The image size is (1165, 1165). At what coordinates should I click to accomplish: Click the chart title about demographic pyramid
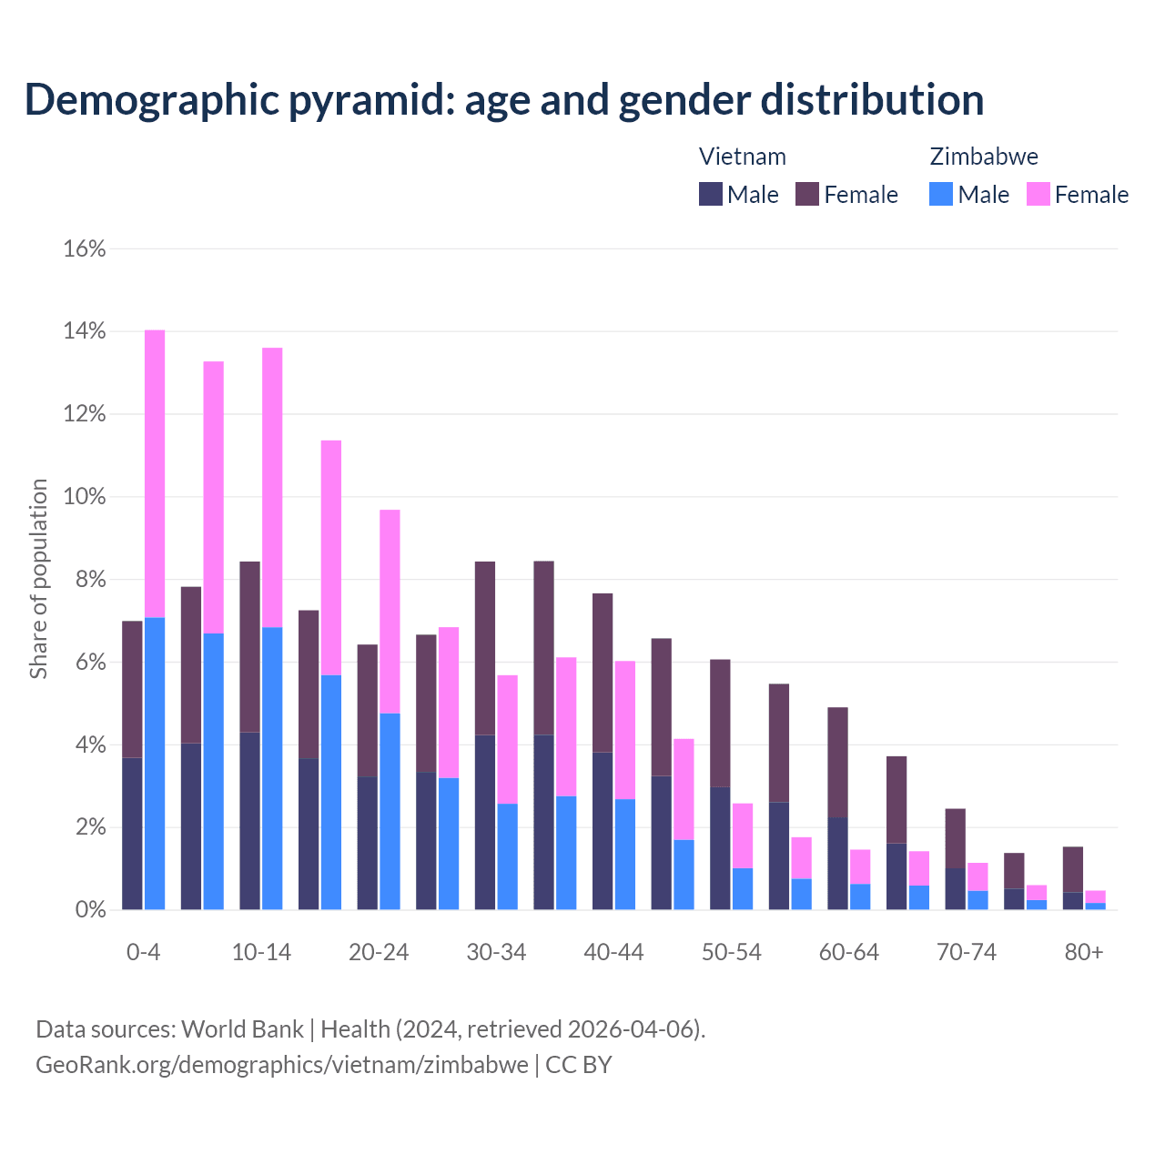coord(504,100)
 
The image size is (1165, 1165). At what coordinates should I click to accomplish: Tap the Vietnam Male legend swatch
coord(711,194)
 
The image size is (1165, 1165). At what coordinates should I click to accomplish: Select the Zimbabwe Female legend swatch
coord(1038,194)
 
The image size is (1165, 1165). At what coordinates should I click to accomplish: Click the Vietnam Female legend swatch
coord(807,194)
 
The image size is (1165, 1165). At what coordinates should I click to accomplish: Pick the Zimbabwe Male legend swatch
coord(941,194)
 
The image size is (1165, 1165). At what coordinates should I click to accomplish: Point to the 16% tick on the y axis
coord(85,248)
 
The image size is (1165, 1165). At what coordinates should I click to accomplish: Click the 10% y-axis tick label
coord(85,497)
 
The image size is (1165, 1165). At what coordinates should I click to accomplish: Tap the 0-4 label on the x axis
coord(143,952)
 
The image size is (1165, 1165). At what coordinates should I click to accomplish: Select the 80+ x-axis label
coord(1084,952)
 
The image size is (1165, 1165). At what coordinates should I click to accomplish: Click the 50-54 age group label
coord(732,952)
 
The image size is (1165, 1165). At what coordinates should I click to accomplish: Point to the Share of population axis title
coord(39,579)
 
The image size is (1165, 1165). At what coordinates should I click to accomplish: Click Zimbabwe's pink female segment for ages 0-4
coord(155,473)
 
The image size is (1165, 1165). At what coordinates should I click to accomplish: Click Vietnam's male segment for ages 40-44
coord(603,830)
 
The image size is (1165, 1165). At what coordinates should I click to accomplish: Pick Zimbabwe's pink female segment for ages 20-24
coord(390,611)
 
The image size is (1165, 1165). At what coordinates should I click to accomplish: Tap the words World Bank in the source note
coord(242,1029)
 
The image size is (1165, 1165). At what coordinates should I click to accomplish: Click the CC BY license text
coord(579,1065)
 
